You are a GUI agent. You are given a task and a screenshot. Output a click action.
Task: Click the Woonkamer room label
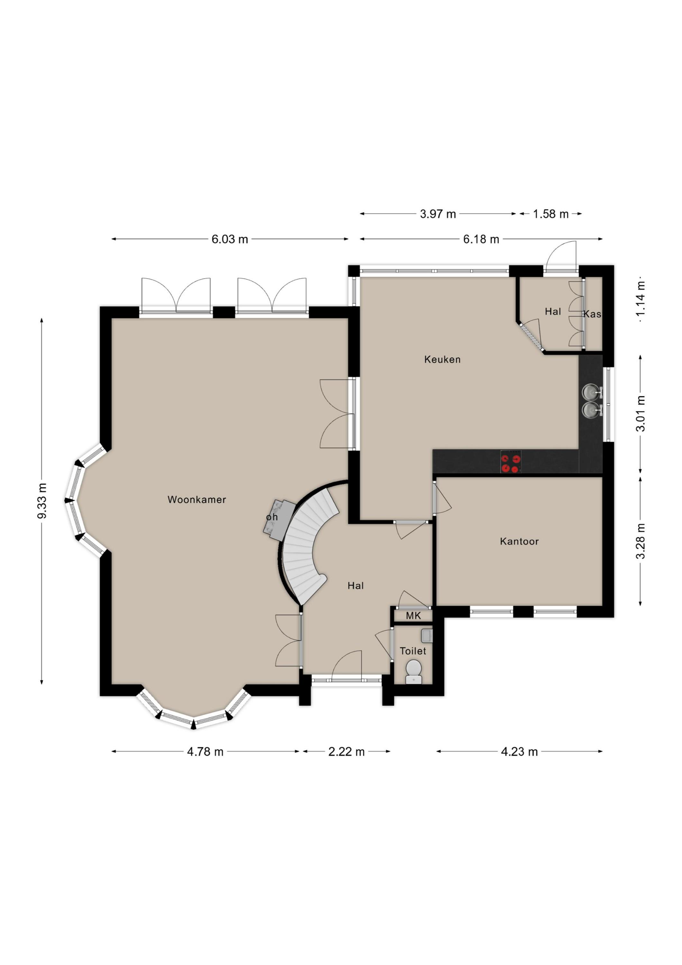[197, 499]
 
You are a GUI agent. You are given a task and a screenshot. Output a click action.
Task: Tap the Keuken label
[442, 359]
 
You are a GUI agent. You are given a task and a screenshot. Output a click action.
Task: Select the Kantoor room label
[519, 541]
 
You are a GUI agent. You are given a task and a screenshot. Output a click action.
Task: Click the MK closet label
[413, 616]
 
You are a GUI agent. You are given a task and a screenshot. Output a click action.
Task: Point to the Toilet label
[413, 651]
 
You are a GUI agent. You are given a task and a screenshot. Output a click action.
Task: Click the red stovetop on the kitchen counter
[511, 462]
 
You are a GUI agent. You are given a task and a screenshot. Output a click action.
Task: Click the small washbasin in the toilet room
[426, 636]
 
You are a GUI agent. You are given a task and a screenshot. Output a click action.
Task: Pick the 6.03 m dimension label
[230, 239]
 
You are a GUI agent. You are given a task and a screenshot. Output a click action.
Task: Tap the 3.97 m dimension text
[438, 214]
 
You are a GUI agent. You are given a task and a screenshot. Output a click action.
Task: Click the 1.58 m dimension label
[550, 214]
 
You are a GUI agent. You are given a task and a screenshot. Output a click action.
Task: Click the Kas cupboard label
[592, 314]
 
